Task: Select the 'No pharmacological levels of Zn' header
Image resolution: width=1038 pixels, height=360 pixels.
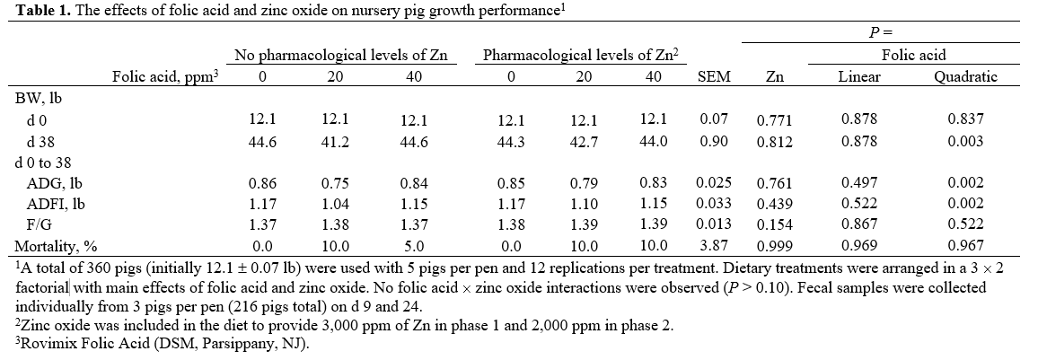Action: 340,56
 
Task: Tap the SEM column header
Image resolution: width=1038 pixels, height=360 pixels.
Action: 714,77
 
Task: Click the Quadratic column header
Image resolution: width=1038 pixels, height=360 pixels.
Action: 965,77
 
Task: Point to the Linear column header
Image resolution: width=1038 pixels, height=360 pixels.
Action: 859,77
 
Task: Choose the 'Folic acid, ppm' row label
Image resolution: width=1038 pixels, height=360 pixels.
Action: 165,77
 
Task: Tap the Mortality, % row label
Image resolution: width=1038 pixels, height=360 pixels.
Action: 51,245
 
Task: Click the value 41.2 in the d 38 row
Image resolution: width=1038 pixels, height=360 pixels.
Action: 335,141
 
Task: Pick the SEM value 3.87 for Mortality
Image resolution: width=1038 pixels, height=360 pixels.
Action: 714,245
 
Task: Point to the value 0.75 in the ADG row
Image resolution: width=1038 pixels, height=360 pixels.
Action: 335,184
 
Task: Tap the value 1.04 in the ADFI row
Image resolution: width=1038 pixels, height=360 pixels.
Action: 335,205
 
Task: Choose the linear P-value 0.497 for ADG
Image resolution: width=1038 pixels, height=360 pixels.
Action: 859,184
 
